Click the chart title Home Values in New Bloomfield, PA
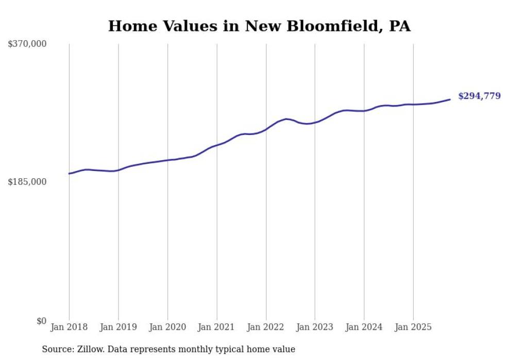click(x=259, y=26)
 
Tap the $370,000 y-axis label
click(x=27, y=44)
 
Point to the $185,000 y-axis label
click(x=27, y=182)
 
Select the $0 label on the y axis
click(x=41, y=321)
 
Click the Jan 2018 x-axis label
click(x=69, y=327)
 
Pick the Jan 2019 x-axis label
click(x=119, y=327)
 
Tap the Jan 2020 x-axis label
click(x=167, y=327)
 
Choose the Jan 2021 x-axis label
click(x=216, y=327)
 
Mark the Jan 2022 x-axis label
click(x=266, y=327)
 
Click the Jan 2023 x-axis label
click(x=315, y=327)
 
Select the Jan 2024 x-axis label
click(x=364, y=327)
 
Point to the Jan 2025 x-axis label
click(x=413, y=327)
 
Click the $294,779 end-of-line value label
click(x=479, y=96)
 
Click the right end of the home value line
click(x=450, y=99)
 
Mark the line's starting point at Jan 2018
click(x=70, y=174)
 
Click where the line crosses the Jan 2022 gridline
click(x=266, y=129)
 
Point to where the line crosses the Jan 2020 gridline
click(x=167, y=160)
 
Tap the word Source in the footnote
click(x=56, y=350)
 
